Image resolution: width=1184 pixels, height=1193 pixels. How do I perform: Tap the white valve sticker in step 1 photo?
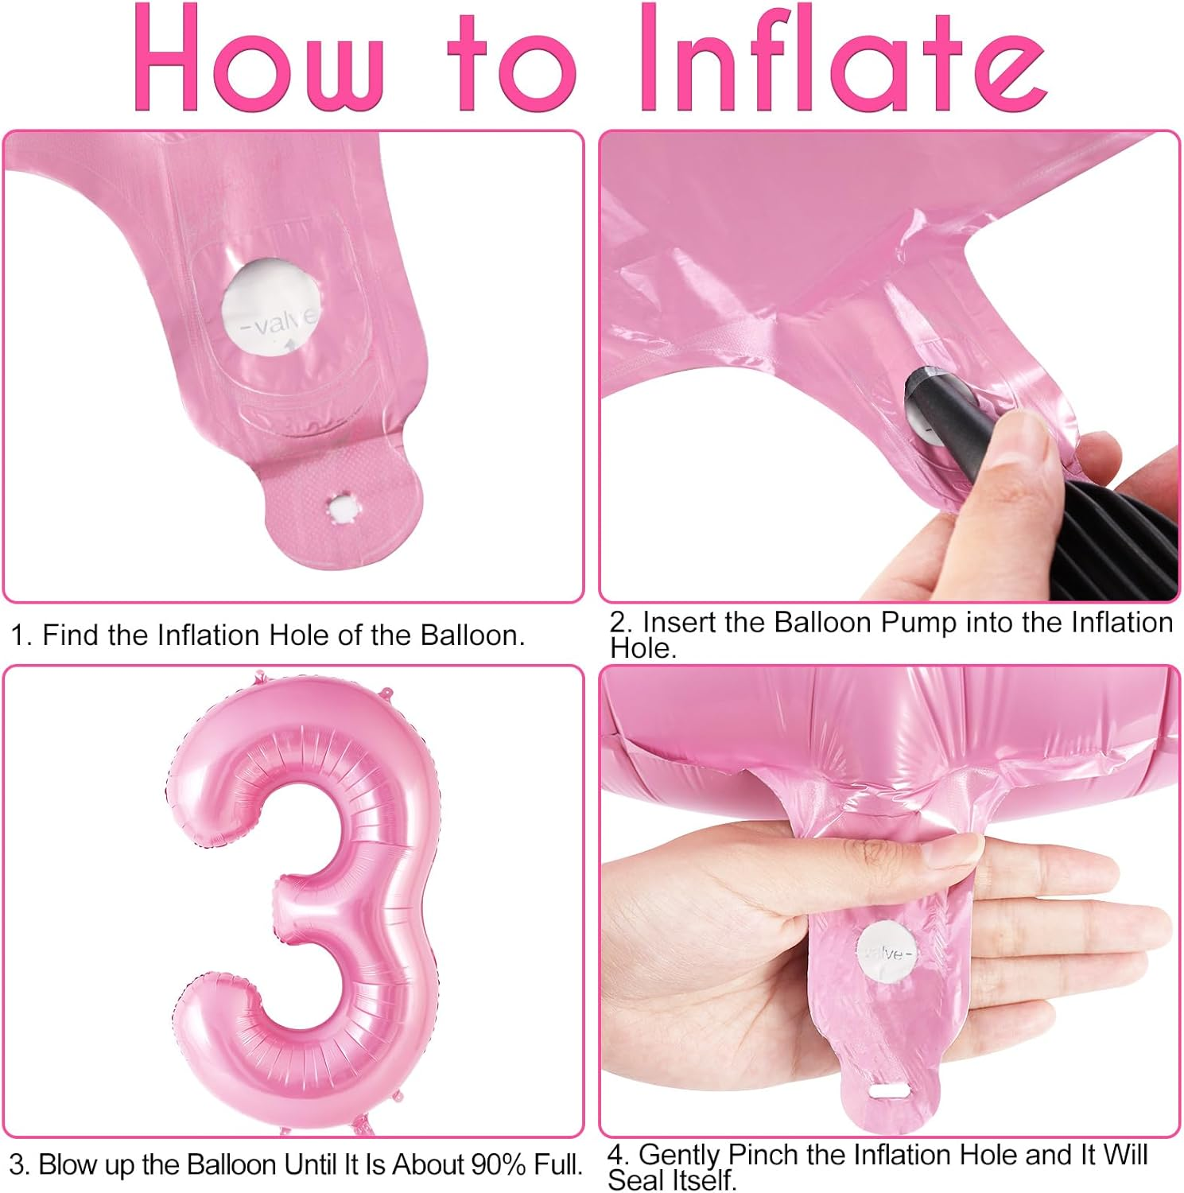[x=270, y=305]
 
